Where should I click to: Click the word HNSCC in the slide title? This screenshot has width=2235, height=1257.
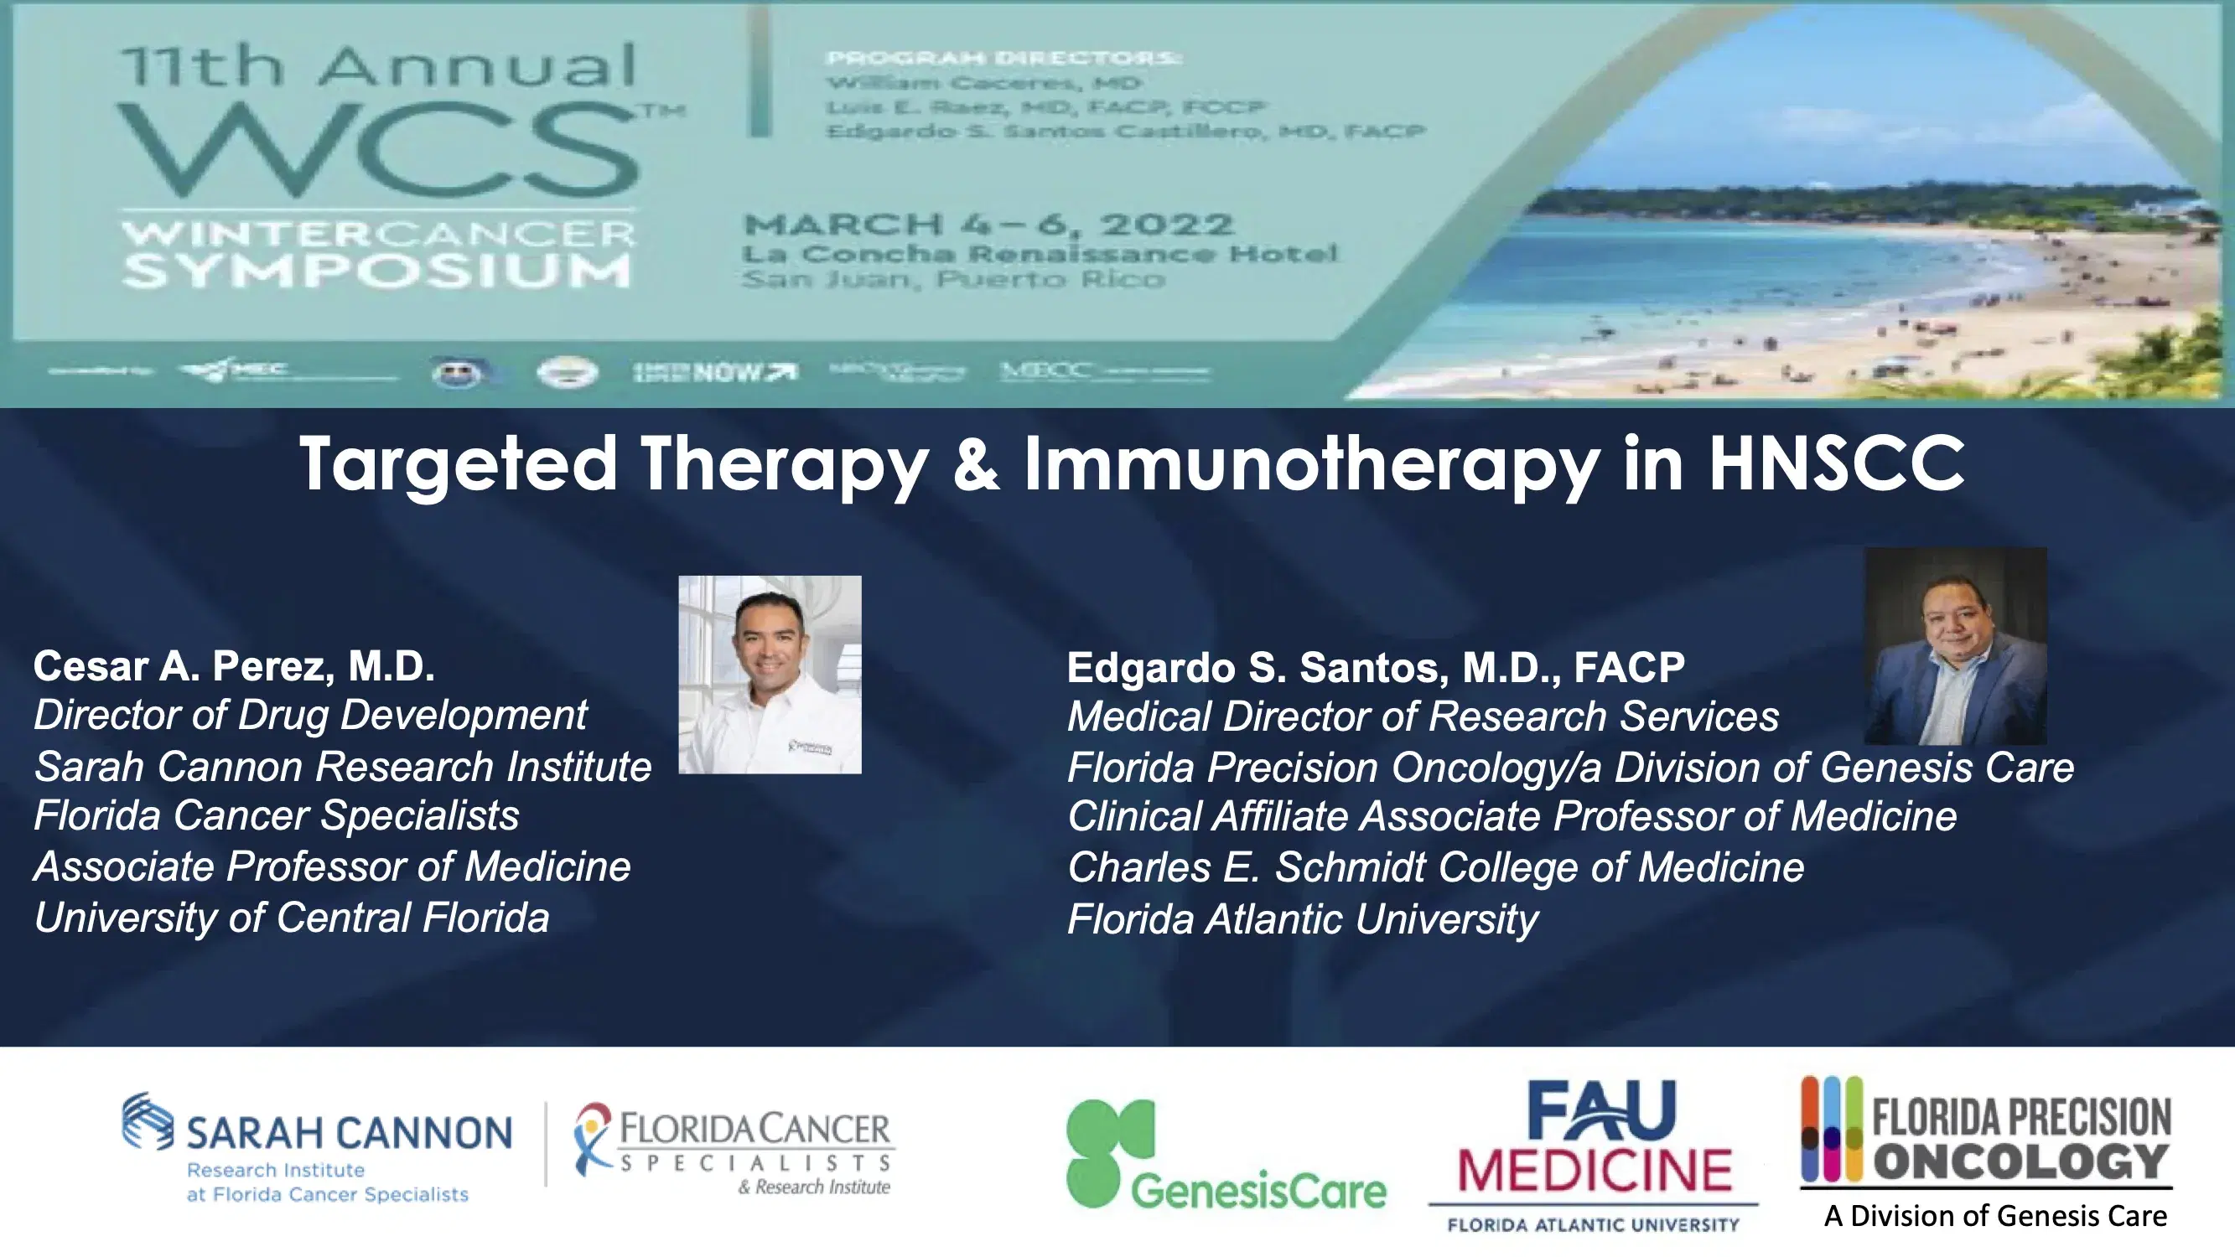click(x=1836, y=465)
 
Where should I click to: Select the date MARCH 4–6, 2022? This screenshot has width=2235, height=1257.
click(x=988, y=225)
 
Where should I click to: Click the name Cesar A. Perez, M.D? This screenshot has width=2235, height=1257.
click(x=233, y=666)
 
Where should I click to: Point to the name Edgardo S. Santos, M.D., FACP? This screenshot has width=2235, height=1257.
click(x=1375, y=667)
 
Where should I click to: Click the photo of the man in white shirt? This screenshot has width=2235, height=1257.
click(x=770, y=674)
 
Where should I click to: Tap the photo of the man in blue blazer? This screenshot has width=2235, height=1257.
click(x=1955, y=646)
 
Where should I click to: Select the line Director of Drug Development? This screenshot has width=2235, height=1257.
click(x=309, y=716)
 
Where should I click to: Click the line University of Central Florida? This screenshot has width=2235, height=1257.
click(x=292, y=918)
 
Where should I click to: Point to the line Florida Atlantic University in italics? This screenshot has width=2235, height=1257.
click(x=1302, y=919)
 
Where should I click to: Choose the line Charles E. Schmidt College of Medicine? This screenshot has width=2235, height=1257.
click(x=1435, y=867)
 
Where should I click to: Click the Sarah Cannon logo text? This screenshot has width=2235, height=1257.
click(x=349, y=1133)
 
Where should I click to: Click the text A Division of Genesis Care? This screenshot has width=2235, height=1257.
click(x=1994, y=1216)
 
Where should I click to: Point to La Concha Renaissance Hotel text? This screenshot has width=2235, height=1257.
click(x=1040, y=253)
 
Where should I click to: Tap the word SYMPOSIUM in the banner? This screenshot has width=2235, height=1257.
click(x=376, y=271)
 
